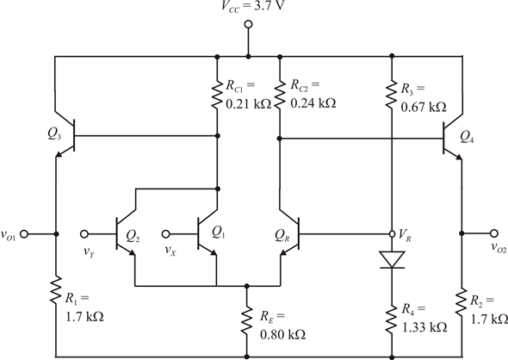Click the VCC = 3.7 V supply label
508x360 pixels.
(250, 8)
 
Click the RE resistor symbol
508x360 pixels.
(248, 319)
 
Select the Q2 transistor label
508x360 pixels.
(131, 233)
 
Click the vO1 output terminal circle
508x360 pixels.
(25, 233)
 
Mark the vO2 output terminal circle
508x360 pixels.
(494, 233)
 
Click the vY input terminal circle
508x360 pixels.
(86, 233)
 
